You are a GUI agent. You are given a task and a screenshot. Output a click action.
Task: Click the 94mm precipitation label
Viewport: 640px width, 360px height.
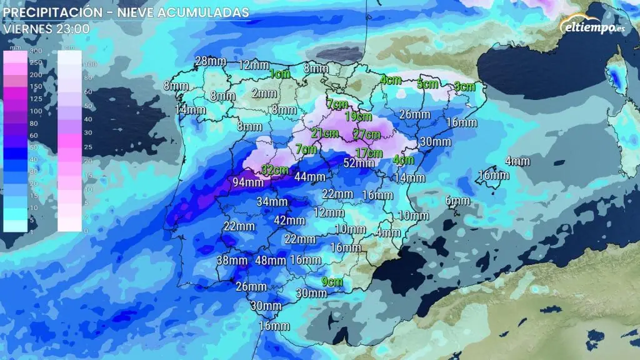coord(248,182)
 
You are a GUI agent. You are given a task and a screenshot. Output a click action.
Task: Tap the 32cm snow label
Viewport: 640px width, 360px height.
coord(275,169)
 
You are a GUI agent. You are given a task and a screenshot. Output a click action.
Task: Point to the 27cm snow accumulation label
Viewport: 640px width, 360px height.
coord(367,134)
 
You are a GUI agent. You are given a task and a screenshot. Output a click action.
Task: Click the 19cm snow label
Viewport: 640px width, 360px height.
coord(359,116)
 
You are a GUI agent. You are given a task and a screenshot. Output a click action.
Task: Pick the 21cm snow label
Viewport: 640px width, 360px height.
coord(324,133)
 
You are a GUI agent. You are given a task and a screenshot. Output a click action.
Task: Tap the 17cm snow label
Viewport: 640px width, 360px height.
coord(369,153)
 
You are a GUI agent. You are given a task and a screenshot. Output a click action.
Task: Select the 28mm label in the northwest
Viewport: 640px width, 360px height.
coord(210,61)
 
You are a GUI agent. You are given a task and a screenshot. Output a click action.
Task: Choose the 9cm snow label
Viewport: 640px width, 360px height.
coord(332,281)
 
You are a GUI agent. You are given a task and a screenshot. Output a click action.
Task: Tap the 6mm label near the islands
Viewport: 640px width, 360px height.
coord(457,201)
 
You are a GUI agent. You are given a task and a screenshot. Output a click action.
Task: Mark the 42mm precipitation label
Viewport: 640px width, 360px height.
coord(289,221)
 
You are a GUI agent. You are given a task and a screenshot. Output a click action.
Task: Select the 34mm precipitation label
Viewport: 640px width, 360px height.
coord(272,202)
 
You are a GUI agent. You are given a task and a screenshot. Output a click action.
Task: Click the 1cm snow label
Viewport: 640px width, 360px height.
coord(280,74)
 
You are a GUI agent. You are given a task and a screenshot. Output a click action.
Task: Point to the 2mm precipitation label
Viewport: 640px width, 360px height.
coord(264,93)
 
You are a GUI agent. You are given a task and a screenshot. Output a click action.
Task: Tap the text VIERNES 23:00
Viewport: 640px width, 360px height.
coord(47,29)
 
